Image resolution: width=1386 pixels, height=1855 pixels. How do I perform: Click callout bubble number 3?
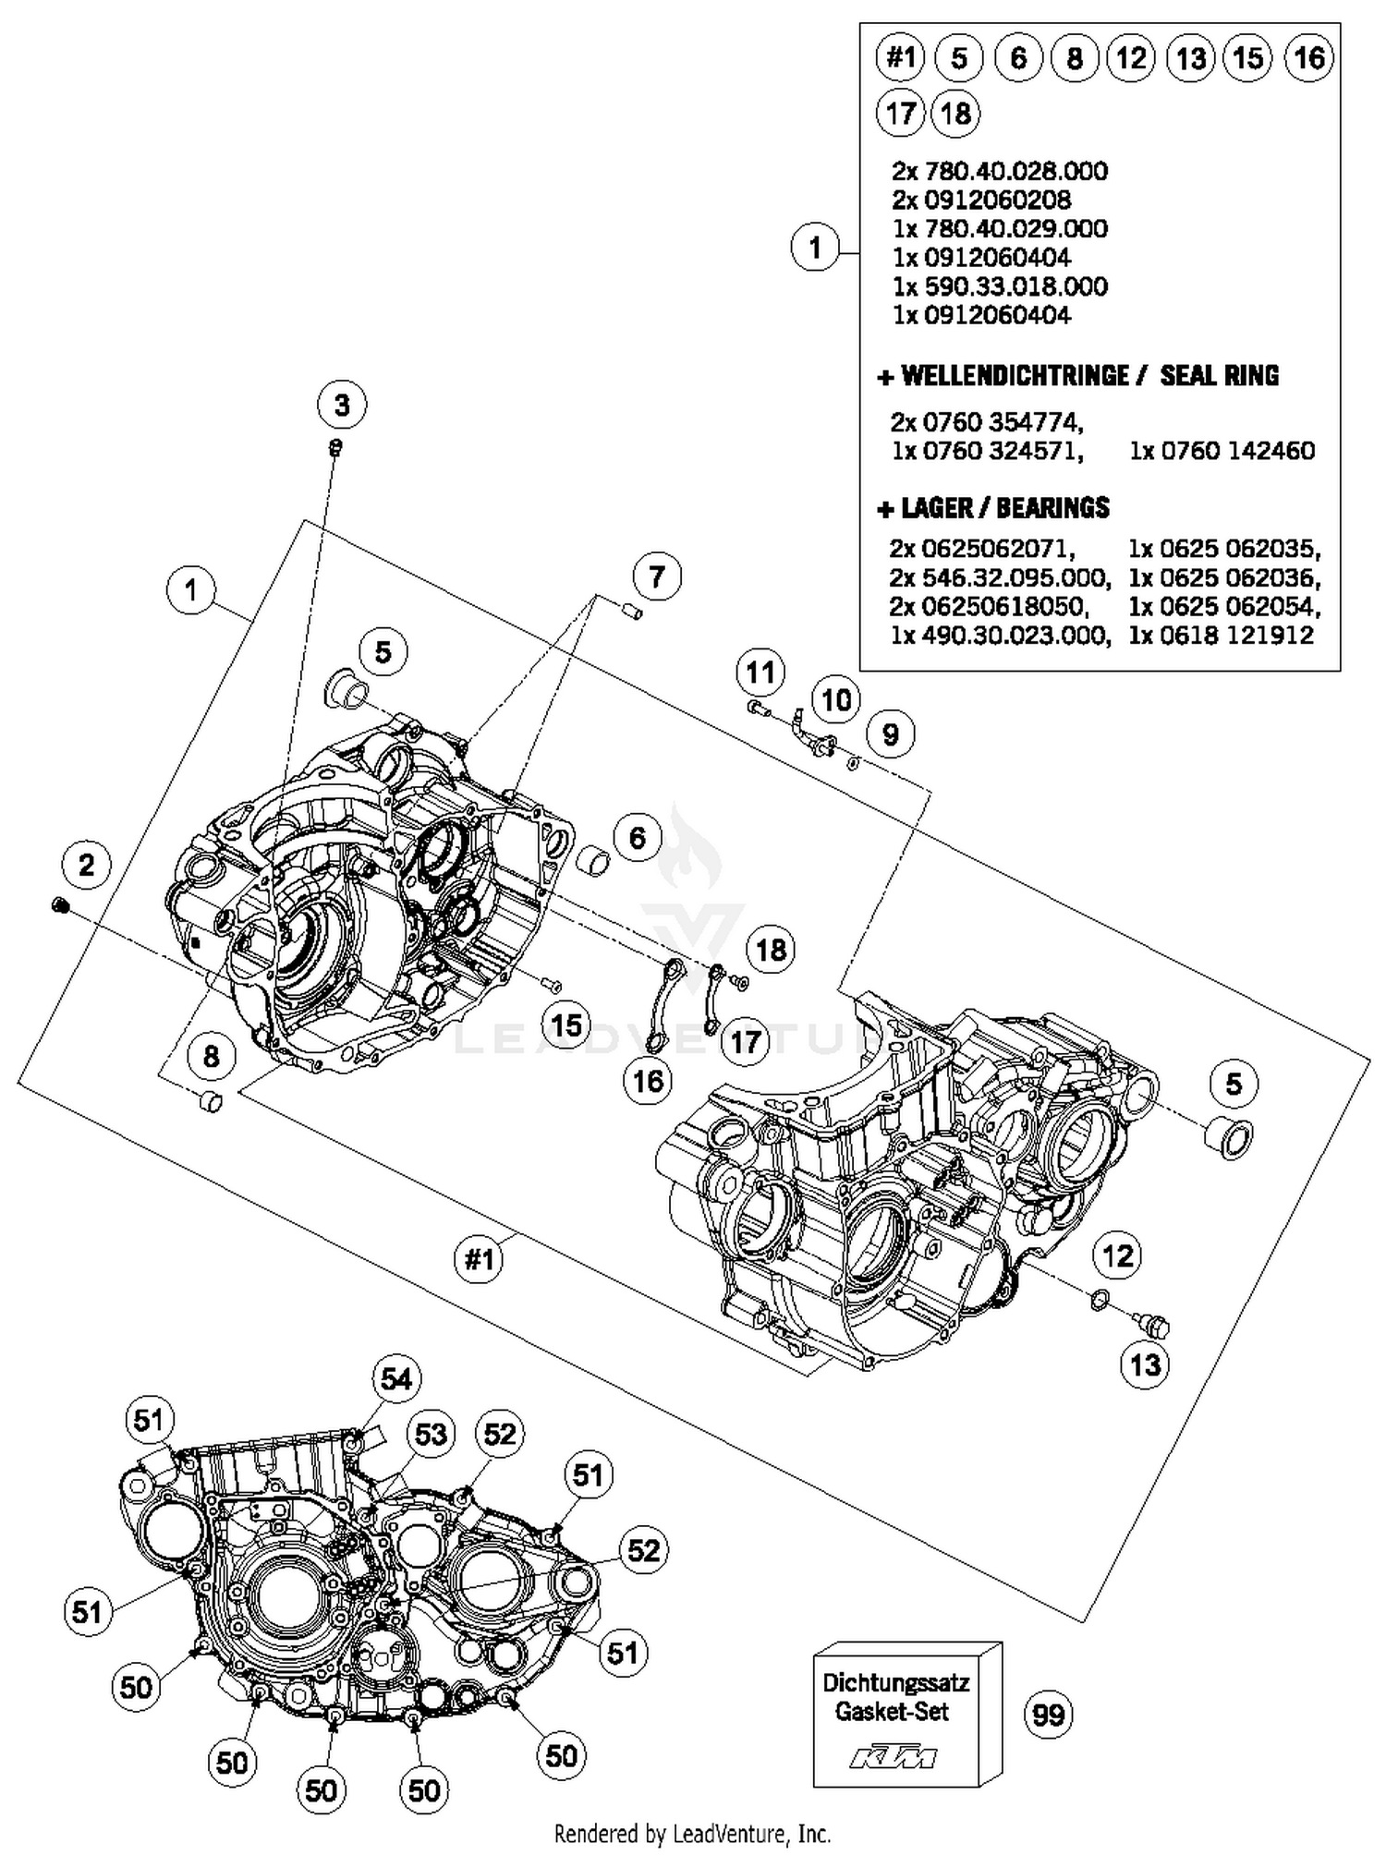342,405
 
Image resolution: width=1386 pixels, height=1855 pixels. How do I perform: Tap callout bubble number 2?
86,865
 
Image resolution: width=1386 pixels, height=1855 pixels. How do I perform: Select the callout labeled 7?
657,576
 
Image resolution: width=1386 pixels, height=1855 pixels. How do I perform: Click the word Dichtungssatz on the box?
896,1681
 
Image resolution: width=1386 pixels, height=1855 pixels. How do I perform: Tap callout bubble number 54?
396,1379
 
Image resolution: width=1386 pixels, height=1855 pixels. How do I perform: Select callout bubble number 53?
432,1435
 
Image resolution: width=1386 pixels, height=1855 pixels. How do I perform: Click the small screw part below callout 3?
337,448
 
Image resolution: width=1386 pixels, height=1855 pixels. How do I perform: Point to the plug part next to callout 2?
61,905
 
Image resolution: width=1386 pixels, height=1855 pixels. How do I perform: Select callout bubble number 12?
1117,1255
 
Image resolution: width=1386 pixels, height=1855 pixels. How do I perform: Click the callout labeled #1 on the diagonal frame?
479,1258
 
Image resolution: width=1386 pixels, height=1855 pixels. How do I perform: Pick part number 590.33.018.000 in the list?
1000,286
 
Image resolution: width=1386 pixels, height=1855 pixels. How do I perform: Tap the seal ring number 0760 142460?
1222,451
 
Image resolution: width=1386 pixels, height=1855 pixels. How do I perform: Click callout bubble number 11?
760,673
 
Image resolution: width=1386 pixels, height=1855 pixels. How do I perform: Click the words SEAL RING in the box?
1219,376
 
